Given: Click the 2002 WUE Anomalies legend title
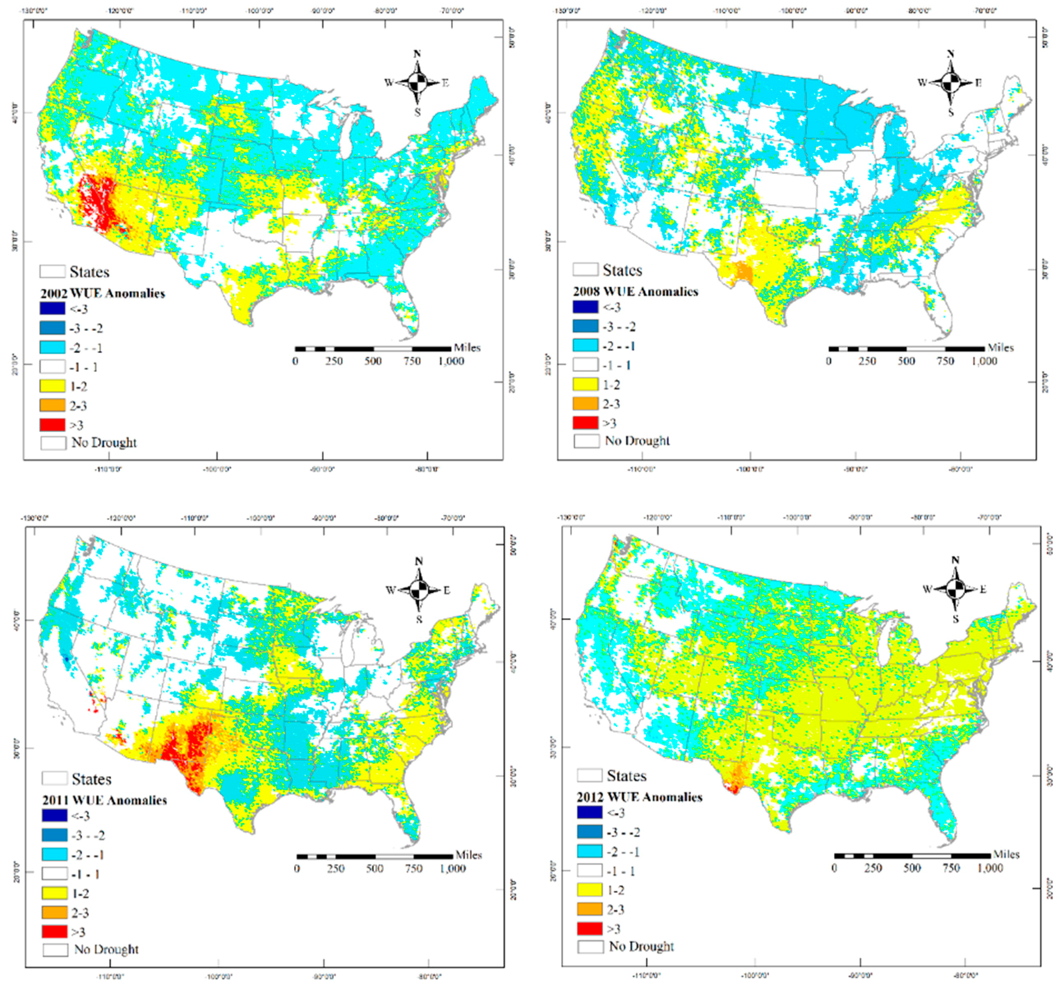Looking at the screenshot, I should tap(102, 293).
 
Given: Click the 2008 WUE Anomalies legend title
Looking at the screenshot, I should tap(635, 292).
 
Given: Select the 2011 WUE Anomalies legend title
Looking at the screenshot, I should tap(104, 800).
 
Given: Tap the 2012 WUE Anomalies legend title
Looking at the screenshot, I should tap(639, 797).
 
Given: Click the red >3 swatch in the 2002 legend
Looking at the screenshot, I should tap(52, 424).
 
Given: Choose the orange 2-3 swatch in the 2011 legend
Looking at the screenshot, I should tap(54, 912).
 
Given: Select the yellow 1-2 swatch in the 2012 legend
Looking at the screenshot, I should tap(589, 889).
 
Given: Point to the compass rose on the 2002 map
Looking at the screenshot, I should tap(417, 83).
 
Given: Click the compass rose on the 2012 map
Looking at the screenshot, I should tap(955, 589).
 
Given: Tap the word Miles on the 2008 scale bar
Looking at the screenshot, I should tap(1000, 348).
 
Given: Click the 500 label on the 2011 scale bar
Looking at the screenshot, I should tap(375, 869).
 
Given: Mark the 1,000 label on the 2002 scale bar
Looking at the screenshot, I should tap(451, 361).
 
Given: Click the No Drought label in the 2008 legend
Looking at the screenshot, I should tap(637, 440).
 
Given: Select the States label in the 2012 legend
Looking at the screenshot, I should tap(627, 775).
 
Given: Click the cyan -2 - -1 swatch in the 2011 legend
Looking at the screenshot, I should tap(54, 854).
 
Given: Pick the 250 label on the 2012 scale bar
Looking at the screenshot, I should tap(873, 868).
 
